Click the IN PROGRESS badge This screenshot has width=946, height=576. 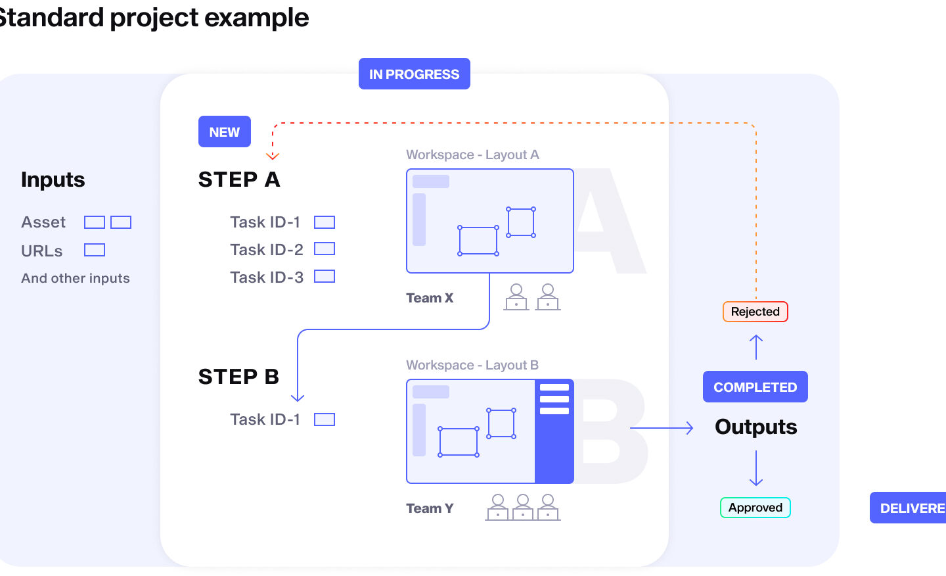click(x=414, y=74)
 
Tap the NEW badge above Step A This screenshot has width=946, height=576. click(x=224, y=132)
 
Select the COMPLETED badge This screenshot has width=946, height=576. click(x=755, y=387)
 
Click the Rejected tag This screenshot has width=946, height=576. click(x=755, y=312)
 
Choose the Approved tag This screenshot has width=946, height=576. click(x=755, y=508)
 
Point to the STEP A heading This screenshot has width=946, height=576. click(x=239, y=180)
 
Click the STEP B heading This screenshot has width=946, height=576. click(x=238, y=377)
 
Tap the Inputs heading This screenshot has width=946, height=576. click(x=53, y=180)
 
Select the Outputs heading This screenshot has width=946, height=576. click(x=755, y=427)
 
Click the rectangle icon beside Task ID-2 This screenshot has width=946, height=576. click(x=325, y=249)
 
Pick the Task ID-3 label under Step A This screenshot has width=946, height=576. click(x=267, y=277)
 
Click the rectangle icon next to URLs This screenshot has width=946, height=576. click(x=95, y=251)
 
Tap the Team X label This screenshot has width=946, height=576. click(x=430, y=298)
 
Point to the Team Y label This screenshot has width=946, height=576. click(x=430, y=508)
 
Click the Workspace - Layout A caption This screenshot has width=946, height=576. click(x=472, y=155)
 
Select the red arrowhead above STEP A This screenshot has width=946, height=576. click(x=273, y=156)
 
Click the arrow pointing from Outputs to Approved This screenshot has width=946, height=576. click(x=756, y=468)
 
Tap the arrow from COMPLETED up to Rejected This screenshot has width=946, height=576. click(x=756, y=347)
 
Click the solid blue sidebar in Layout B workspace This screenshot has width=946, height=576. click(x=554, y=447)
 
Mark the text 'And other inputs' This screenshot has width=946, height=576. click(x=76, y=278)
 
